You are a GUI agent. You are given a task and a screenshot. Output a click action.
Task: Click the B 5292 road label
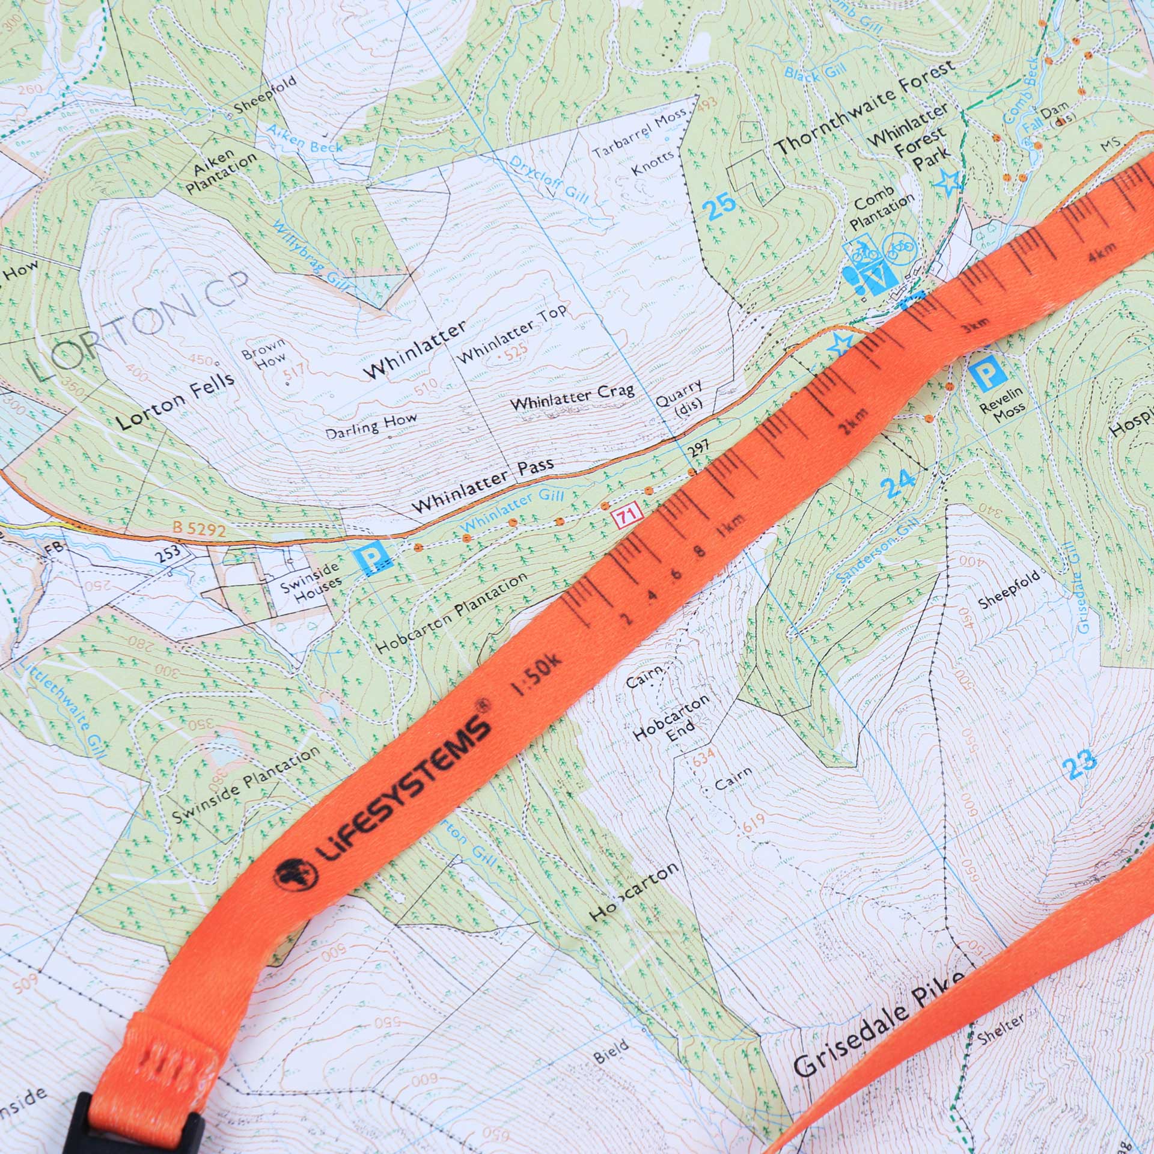tap(199, 530)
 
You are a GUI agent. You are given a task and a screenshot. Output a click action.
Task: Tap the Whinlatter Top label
tap(512, 334)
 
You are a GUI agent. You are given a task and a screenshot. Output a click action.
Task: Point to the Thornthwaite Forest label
tap(864, 108)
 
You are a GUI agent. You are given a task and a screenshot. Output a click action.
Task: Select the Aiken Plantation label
tap(220, 171)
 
